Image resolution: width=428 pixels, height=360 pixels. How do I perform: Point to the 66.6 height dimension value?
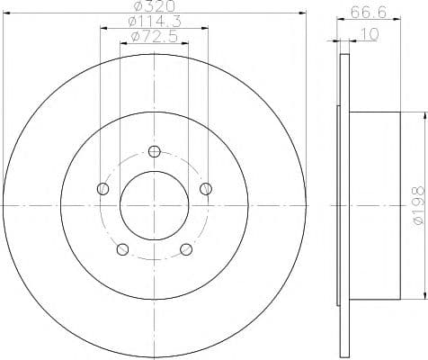(361, 13)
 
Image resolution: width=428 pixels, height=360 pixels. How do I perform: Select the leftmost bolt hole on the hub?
(102, 189)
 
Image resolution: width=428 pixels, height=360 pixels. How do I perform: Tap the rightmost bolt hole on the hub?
(206, 188)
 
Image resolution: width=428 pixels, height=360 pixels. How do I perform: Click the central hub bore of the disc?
(154, 206)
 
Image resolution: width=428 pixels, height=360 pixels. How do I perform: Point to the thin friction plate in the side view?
(342, 207)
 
